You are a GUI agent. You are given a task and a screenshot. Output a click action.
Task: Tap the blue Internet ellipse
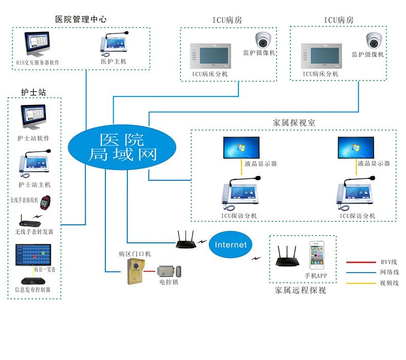[231, 245]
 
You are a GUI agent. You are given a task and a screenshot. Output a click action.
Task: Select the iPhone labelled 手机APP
[317, 256]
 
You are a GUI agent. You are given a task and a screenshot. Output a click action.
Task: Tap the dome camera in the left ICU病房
[264, 39]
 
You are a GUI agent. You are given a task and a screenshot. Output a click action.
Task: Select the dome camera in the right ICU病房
[373, 40]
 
